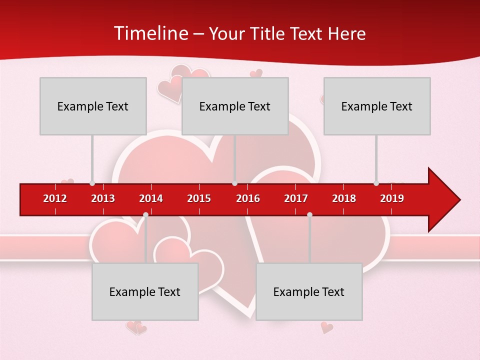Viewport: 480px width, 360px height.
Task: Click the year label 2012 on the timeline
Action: (55, 198)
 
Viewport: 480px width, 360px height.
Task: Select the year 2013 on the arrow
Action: (103, 198)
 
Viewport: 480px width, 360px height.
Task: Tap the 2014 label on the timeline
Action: (151, 198)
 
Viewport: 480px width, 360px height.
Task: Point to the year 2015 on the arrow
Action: (199, 198)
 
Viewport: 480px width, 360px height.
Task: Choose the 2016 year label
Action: (248, 198)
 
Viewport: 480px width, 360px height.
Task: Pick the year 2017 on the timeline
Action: (296, 198)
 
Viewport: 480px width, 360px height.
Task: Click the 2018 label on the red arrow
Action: (344, 198)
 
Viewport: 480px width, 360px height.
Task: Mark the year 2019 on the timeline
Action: (392, 198)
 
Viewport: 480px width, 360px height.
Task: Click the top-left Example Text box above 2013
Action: (93, 106)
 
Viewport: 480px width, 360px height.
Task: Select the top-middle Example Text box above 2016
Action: (235, 106)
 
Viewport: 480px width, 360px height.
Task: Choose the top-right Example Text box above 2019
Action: (377, 106)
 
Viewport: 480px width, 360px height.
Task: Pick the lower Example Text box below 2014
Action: (145, 291)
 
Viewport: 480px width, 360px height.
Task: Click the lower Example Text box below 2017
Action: (309, 291)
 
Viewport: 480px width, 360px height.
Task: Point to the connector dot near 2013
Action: (92, 183)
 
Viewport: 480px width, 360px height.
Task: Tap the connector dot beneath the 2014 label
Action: (145, 214)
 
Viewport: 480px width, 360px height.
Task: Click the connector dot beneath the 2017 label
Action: (309, 214)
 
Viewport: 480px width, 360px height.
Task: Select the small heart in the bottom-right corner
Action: (326, 327)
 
